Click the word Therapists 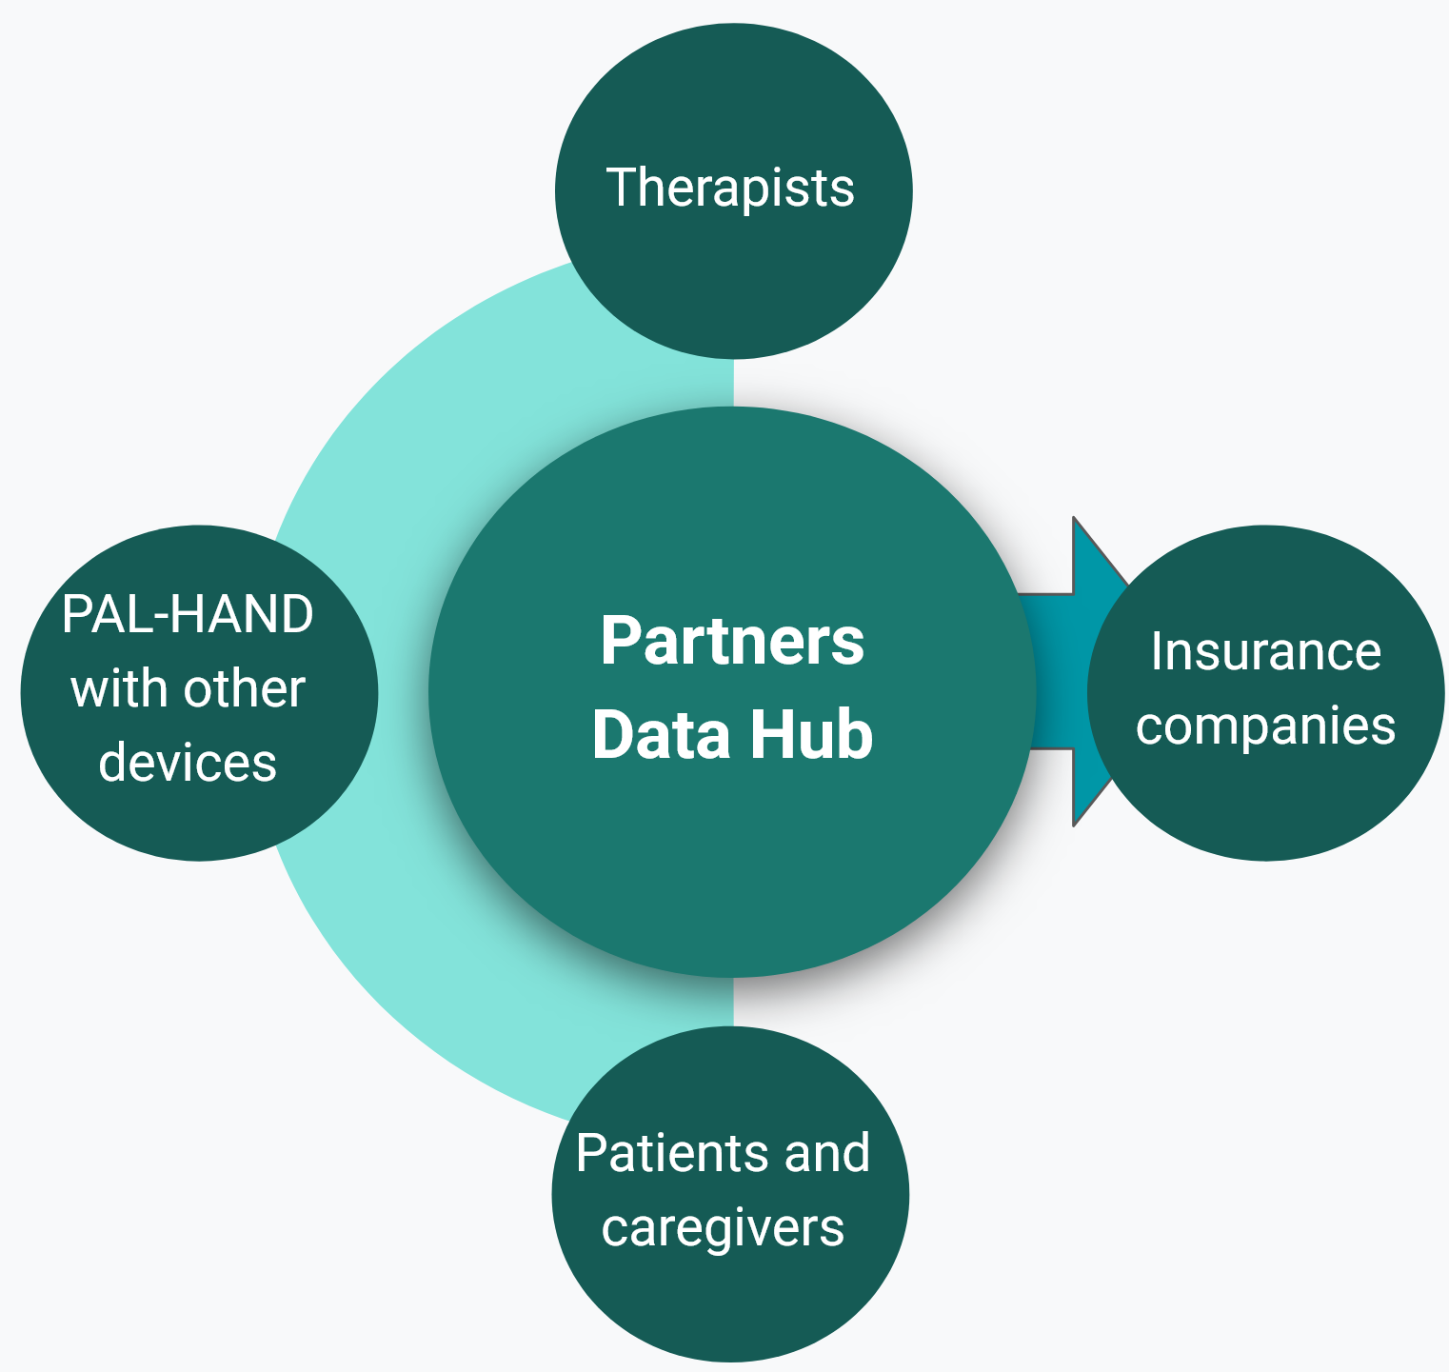click(730, 188)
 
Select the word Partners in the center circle click(732, 641)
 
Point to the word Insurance click(1265, 652)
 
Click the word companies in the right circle click(1265, 726)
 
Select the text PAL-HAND click(188, 614)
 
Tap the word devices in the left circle click(188, 763)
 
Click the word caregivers click(723, 1228)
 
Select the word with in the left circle click(112, 688)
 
